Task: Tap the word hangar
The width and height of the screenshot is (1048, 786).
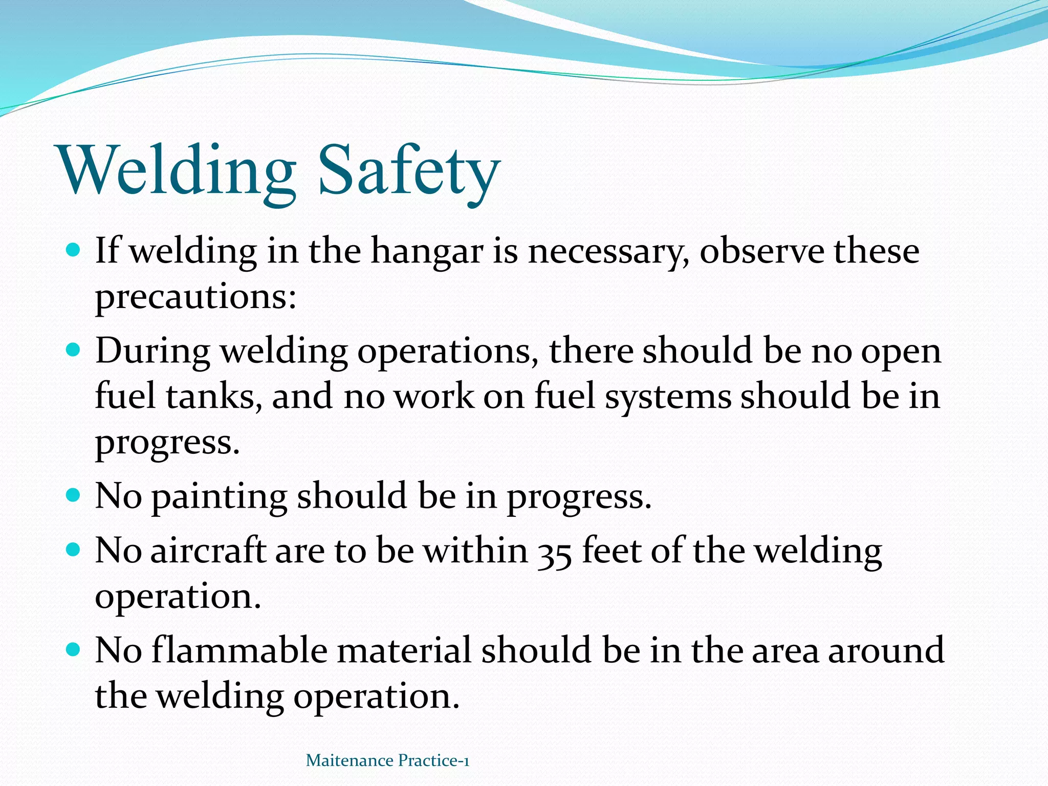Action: (427, 252)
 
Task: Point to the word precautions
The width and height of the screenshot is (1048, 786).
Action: (195, 297)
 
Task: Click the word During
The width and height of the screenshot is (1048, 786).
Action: (152, 351)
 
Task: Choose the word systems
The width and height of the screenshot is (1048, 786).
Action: (668, 397)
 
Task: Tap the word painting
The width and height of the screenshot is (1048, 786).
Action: (219, 496)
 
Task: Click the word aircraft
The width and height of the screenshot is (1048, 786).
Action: (208, 551)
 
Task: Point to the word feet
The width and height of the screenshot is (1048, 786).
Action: (612, 551)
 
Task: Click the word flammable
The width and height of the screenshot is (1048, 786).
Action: (239, 650)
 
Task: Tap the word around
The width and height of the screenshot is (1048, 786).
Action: (886, 650)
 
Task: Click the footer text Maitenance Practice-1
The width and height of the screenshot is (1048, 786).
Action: (387, 761)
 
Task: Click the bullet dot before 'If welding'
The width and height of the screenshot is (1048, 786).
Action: (74, 250)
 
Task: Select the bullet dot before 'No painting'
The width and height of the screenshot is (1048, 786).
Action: (74, 495)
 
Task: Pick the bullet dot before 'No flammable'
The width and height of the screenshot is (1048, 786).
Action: (74, 649)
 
